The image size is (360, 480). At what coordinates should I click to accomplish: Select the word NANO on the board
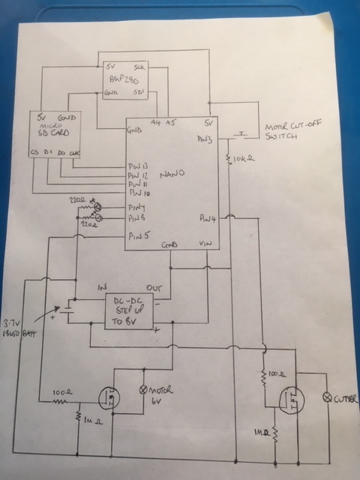pyautogui.click(x=175, y=173)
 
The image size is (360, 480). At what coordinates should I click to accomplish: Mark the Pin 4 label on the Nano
pyautogui.click(x=208, y=219)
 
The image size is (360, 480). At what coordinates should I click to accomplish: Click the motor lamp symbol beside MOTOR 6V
pyautogui.click(x=145, y=391)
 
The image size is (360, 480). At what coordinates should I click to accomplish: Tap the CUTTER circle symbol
pyautogui.click(x=326, y=397)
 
